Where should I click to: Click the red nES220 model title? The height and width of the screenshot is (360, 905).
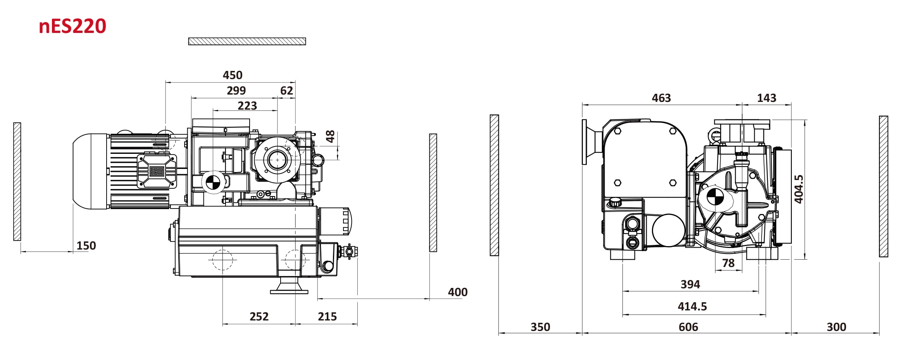[72, 26]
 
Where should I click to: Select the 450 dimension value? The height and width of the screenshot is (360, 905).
[233, 75]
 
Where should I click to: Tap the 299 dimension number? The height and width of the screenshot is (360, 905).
[236, 91]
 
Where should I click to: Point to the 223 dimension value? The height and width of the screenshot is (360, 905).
[247, 106]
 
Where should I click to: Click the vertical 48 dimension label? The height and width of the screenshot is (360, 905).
[330, 136]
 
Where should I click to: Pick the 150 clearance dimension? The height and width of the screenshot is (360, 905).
[86, 246]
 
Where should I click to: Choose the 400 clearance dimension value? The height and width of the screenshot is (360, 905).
[458, 292]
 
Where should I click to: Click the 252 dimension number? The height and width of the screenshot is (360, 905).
[259, 317]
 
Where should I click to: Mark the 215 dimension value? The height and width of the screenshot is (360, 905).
[327, 317]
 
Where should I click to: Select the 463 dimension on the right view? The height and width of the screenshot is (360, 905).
[661, 98]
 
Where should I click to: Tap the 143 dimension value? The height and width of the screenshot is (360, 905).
[767, 98]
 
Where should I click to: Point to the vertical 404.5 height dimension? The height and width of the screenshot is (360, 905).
[799, 189]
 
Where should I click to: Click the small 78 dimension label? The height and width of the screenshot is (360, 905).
[728, 263]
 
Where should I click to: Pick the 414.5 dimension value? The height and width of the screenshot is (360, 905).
[692, 307]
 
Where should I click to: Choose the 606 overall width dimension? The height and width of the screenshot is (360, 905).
[688, 327]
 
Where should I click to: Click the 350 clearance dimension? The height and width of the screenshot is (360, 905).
[540, 327]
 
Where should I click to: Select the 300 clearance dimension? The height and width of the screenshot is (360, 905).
[836, 327]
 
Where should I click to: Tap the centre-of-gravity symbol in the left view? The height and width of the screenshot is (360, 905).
[213, 183]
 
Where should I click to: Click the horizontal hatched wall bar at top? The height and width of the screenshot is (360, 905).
[247, 41]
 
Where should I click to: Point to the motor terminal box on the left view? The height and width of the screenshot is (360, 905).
[157, 171]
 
